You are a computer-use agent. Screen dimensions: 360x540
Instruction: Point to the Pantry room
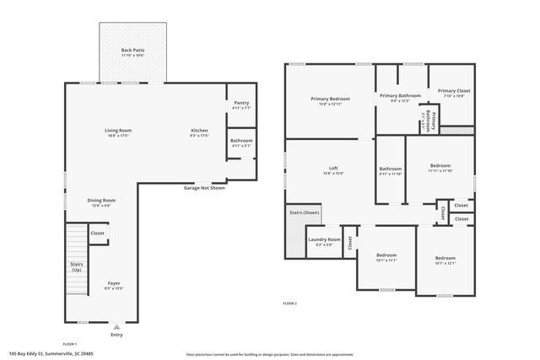[x=241, y=105]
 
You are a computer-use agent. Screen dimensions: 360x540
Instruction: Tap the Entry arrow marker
[x=116, y=325]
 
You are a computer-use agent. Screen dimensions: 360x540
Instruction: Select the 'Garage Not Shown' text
[x=204, y=188]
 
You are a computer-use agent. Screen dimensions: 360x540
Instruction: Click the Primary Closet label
[x=454, y=93]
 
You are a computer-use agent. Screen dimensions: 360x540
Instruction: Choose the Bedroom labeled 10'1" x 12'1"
[x=445, y=260]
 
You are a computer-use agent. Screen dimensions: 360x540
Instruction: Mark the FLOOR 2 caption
[x=289, y=303]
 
